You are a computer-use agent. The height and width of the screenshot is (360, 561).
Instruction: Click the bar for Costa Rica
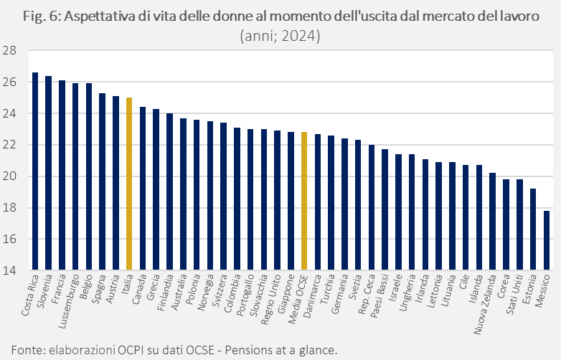[x=34, y=172]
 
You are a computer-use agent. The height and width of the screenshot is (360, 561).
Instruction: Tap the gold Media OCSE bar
[x=304, y=202]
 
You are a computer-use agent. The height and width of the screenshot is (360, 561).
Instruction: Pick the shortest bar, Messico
[x=547, y=240]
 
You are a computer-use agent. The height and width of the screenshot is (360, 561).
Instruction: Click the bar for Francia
[x=62, y=176]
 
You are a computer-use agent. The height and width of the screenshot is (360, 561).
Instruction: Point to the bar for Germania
[x=344, y=204]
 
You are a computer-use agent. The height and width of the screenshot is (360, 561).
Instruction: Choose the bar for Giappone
[x=291, y=202]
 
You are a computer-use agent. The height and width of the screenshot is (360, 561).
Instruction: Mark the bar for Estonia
[x=533, y=229]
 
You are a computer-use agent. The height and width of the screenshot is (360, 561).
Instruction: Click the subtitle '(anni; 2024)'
[x=280, y=34]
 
